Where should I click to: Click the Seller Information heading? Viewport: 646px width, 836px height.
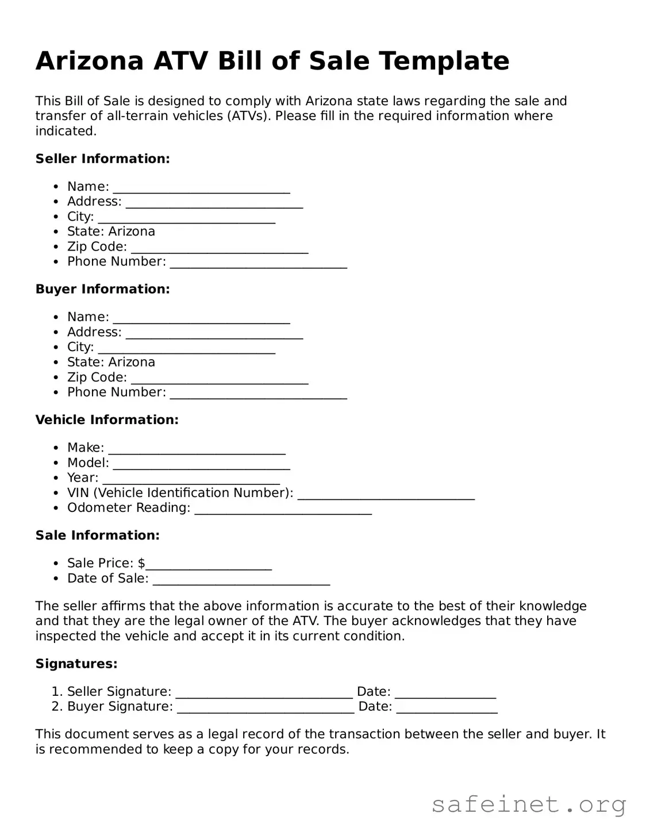[x=102, y=159]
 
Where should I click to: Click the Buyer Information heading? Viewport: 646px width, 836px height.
[x=102, y=289]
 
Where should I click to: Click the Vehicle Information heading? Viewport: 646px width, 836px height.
[x=107, y=420]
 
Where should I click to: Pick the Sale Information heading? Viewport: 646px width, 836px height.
[x=97, y=535]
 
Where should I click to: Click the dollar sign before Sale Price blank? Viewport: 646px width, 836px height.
[x=141, y=563]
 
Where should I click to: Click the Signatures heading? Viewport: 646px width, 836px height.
[x=76, y=664]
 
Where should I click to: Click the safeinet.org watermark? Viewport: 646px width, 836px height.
[x=528, y=804]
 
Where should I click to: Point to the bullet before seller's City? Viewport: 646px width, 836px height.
[x=56, y=217]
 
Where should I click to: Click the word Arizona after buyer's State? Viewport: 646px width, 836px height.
[x=132, y=362]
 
